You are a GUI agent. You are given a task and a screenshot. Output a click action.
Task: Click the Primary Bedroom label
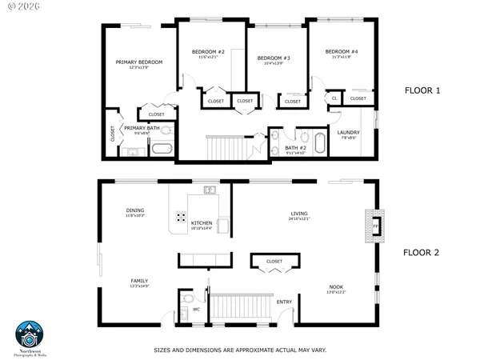click(139, 62)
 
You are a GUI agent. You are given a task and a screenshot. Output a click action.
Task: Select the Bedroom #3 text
click(274, 58)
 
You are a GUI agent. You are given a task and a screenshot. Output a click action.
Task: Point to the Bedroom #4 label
click(342, 52)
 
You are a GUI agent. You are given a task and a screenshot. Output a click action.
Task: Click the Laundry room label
click(348, 133)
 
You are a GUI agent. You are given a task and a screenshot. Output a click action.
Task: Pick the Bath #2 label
click(295, 147)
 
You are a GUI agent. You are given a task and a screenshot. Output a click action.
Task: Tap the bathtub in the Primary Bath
click(162, 148)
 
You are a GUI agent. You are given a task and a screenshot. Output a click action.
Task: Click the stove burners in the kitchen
click(182, 217)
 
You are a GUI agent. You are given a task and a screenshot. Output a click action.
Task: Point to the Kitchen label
click(202, 223)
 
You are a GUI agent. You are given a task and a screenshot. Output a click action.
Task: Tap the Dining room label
click(135, 212)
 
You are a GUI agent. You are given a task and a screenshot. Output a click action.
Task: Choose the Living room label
click(299, 214)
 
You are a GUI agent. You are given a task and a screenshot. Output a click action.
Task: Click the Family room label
click(140, 281)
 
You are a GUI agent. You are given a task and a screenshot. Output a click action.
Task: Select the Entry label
click(284, 302)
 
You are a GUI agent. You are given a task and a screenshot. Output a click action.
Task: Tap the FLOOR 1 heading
click(422, 91)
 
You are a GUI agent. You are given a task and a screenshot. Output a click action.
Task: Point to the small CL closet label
click(334, 98)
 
